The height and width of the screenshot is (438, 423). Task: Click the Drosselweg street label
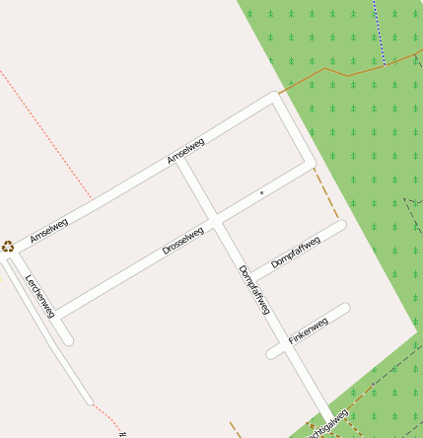182,241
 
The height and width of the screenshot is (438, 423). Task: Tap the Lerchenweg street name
39,296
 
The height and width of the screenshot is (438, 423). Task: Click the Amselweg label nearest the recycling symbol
48,231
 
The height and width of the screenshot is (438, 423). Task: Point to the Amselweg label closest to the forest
185,151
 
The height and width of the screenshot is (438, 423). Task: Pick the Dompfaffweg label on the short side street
296,254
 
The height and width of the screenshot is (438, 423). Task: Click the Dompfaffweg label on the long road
253,290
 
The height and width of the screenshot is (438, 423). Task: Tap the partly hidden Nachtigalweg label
328,425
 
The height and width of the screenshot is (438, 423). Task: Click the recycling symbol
8,247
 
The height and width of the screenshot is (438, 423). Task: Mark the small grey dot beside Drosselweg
261,192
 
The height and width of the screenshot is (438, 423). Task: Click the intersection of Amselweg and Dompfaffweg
178,161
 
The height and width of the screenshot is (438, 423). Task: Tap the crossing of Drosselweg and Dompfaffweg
216,217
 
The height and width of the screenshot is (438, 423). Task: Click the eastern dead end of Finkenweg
345,310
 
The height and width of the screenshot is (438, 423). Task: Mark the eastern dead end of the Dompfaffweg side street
341,226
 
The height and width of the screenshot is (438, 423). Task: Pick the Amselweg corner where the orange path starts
276,97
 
